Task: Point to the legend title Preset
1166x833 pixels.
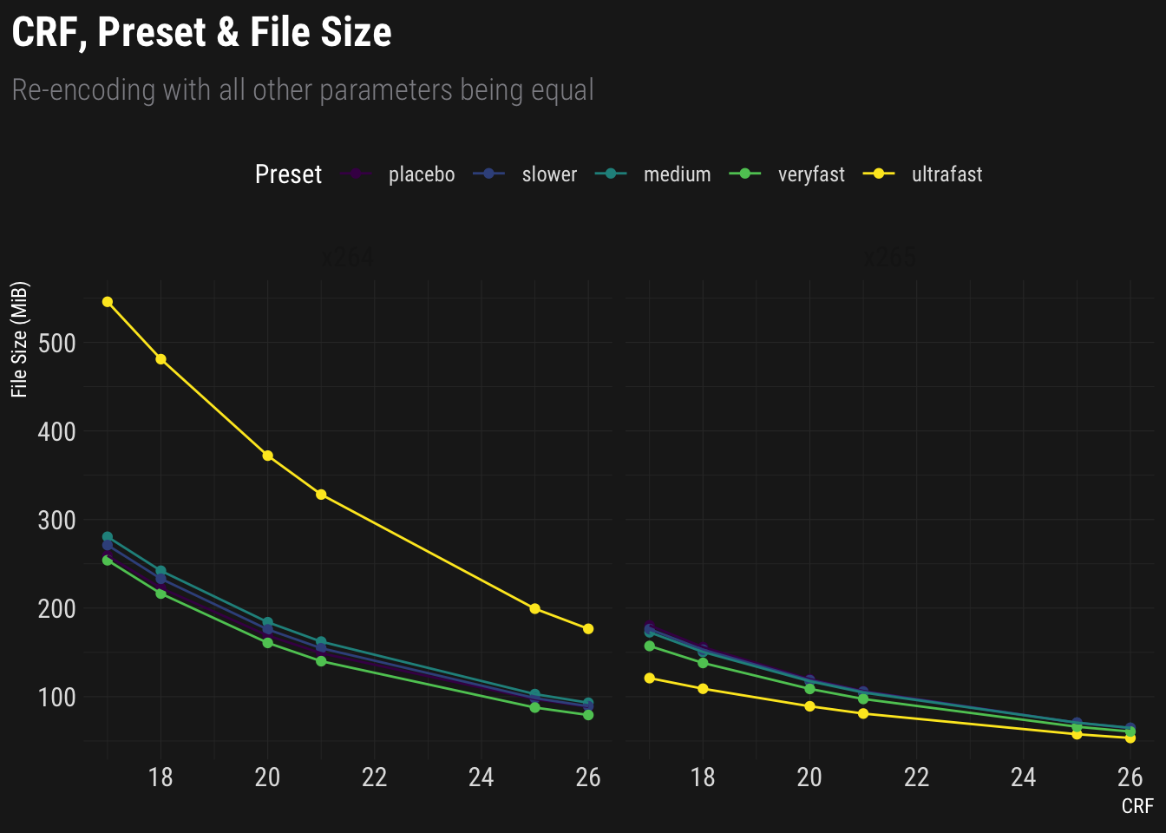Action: [288, 174]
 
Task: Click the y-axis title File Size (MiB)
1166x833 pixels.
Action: [20, 339]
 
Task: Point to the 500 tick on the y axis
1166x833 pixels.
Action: [57, 344]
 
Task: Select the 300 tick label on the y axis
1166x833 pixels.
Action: [57, 521]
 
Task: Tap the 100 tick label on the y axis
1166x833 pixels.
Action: [57, 698]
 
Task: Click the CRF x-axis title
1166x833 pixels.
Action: [1137, 806]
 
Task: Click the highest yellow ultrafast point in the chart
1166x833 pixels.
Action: [108, 302]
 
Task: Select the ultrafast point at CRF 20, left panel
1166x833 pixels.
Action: [267, 456]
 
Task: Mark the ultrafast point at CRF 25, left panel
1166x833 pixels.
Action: [534, 608]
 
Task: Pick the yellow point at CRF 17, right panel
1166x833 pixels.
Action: [650, 678]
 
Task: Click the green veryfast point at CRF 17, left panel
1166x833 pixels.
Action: [108, 561]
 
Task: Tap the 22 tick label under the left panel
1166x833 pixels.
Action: [374, 777]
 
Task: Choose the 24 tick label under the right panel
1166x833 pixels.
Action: [1023, 777]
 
